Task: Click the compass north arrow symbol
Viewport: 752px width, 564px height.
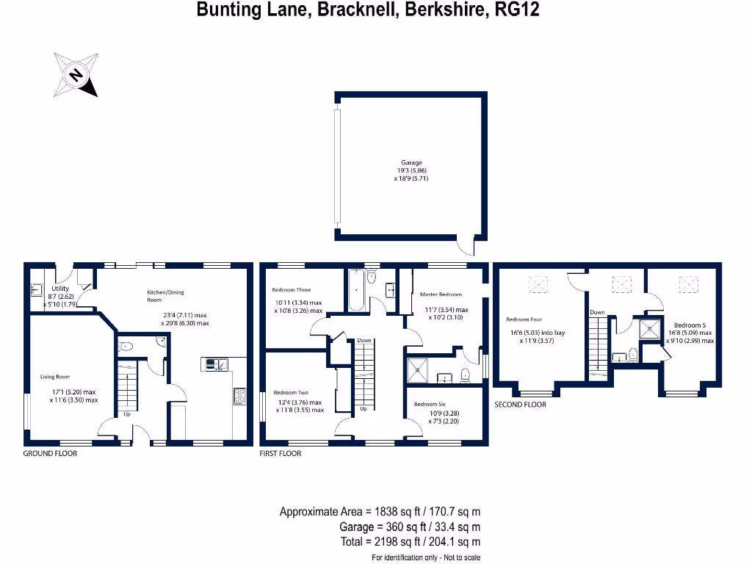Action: (x=75, y=74)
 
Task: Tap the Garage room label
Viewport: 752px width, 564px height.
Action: (x=411, y=163)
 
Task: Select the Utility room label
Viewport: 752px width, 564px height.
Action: (x=60, y=289)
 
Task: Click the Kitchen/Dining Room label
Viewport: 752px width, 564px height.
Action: (x=164, y=296)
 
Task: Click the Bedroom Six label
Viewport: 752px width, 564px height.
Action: (x=430, y=404)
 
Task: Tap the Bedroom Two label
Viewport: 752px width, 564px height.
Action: (x=291, y=392)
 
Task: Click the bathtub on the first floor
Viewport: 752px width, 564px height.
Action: (x=355, y=291)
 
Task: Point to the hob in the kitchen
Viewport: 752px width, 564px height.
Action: (x=239, y=397)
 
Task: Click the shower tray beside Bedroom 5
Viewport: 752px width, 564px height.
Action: (x=651, y=328)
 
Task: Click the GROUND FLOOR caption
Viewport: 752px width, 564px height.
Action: (x=50, y=453)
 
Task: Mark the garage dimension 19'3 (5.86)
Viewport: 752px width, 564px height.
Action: (x=411, y=170)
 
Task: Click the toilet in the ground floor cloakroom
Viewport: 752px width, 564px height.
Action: (x=126, y=347)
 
